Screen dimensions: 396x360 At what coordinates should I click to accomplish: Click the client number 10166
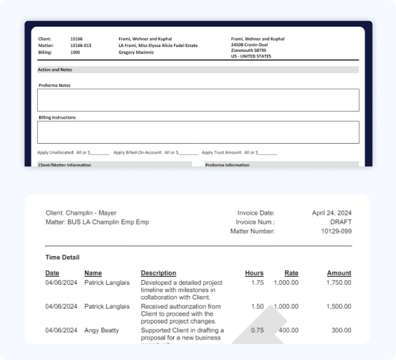(x=76, y=39)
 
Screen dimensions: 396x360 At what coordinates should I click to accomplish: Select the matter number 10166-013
(x=80, y=46)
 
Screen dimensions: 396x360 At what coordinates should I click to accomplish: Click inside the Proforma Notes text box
(x=198, y=100)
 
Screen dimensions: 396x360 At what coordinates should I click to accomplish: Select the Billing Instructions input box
(x=198, y=132)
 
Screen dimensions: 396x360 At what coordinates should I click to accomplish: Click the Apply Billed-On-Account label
(x=137, y=152)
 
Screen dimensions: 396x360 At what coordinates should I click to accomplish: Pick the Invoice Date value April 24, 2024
(x=331, y=213)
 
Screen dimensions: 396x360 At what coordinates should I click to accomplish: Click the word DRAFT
(x=339, y=222)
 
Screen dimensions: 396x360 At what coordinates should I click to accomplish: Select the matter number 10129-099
(x=336, y=231)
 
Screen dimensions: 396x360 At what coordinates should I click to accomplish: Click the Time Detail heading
(x=63, y=258)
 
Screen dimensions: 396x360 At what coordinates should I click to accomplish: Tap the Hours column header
(x=254, y=273)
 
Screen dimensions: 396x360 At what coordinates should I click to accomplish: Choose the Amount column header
(x=339, y=273)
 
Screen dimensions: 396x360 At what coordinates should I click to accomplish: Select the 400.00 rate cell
(x=287, y=330)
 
